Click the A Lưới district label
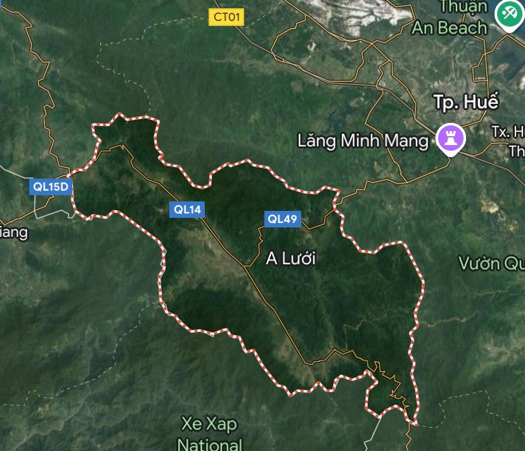[x=290, y=258]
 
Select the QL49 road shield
[x=282, y=219]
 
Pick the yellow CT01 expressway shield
[x=226, y=17]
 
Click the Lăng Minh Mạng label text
[x=363, y=140]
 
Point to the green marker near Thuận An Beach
[x=509, y=14]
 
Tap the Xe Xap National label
[x=210, y=433]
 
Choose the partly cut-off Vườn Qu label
[x=491, y=263]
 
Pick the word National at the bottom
[x=210, y=444]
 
